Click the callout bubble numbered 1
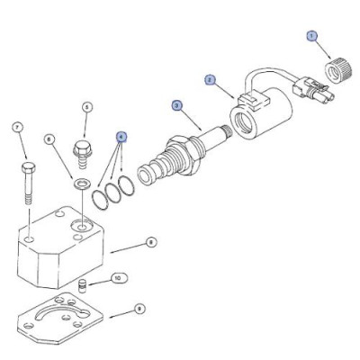point(312,36)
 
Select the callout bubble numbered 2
point(210,79)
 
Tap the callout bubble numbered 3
point(176,105)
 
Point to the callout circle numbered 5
point(87,107)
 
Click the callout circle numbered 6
point(50,139)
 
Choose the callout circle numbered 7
point(17,127)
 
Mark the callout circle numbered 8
point(151,241)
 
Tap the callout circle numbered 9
point(139,308)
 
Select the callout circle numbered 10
point(115,278)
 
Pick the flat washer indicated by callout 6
point(83,184)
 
